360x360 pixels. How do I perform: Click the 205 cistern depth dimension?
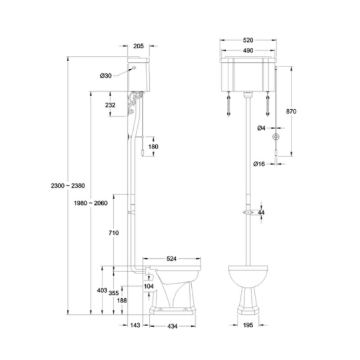coord(139,46)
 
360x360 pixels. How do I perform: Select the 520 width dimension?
coord(248,40)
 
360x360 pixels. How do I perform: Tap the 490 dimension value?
coord(248,50)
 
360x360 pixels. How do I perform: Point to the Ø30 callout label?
coord(106,76)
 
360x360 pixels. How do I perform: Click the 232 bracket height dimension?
coord(110,105)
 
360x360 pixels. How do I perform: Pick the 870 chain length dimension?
coord(291,111)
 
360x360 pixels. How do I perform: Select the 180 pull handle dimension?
coord(153,147)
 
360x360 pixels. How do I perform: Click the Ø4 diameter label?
coord(261,128)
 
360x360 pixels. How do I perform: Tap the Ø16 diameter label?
coord(259,164)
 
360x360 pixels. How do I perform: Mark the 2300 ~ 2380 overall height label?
coord(68,185)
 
